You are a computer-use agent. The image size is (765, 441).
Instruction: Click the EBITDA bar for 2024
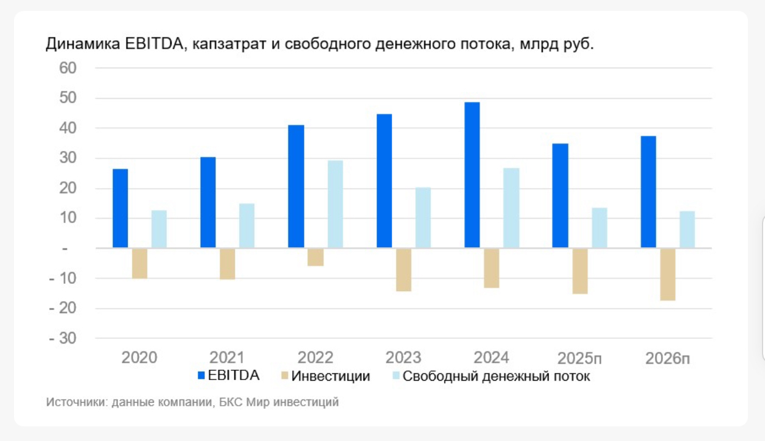[x=472, y=175]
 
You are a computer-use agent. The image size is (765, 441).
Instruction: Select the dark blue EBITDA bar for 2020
[x=120, y=208]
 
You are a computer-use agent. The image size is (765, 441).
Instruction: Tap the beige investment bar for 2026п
[x=668, y=274]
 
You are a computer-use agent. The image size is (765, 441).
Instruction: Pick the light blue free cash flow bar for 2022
[x=335, y=204]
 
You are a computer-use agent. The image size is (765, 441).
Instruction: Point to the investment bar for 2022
[x=316, y=257]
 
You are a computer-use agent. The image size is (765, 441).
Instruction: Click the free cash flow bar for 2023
[x=423, y=217]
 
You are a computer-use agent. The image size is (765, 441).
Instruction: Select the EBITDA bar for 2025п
[x=560, y=196]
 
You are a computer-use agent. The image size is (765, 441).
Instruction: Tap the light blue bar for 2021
[x=246, y=225]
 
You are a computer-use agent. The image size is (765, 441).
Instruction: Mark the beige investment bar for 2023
[x=403, y=269]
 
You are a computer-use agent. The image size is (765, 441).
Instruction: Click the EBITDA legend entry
[x=234, y=376]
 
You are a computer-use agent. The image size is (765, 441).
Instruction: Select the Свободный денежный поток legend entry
[x=496, y=376]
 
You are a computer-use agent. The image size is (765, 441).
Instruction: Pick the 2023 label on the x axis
[x=403, y=358]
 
